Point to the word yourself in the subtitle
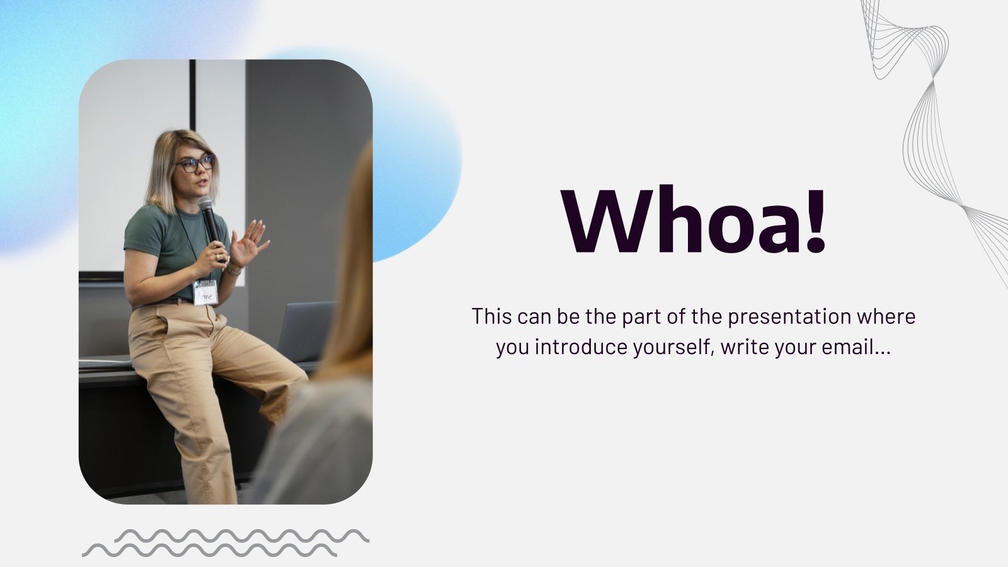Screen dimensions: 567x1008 click(x=673, y=347)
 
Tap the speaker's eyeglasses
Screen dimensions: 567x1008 click(x=195, y=164)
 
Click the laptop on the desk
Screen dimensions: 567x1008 click(x=306, y=331)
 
